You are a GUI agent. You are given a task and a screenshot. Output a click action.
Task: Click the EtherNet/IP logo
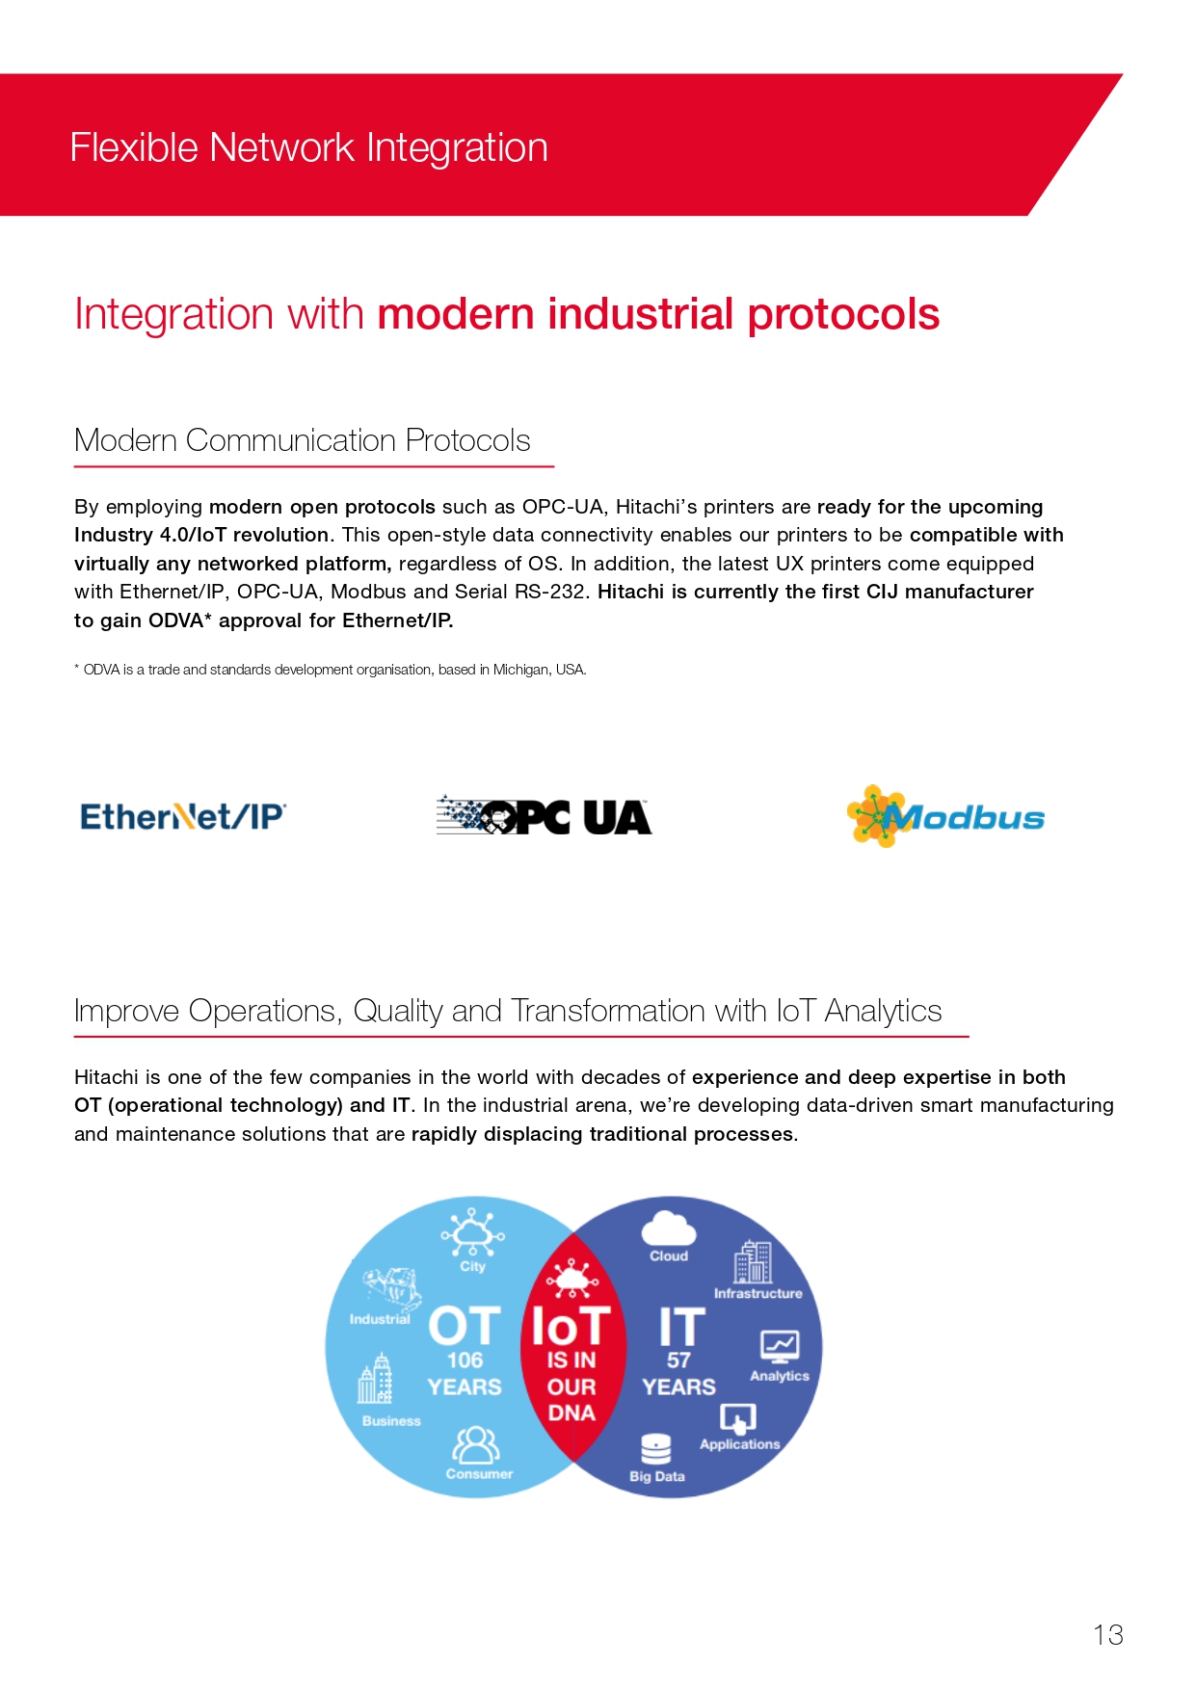tap(183, 817)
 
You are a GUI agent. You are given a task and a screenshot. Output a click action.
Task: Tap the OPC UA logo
tap(544, 816)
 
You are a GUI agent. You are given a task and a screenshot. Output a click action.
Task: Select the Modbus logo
tap(945, 816)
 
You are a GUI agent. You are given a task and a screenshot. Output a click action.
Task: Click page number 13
tap(1108, 1634)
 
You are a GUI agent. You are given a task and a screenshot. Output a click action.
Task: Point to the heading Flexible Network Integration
tap(309, 147)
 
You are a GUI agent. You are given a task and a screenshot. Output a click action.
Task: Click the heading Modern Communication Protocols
tap(303, 440)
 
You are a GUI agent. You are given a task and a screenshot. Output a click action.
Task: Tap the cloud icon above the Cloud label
tap(669, 1228)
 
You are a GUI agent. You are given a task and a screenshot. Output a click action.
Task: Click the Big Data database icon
tap(656, 1448)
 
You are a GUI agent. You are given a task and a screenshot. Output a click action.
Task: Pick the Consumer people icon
tap(477, 1445)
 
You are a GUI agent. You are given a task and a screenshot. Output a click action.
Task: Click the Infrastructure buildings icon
tap(754, 1262)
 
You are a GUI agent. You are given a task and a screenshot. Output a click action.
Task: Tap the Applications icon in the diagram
tap(738, 1418)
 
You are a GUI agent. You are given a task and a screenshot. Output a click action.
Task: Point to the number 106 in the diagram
tap(465, 1360)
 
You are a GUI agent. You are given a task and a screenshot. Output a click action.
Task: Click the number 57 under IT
tap(678, 1360)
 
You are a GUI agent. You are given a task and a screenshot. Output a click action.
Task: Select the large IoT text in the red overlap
tap(571, 1327)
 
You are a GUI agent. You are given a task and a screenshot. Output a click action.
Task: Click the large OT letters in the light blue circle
tap(465, 1327)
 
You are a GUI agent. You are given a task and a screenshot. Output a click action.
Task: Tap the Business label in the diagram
tap(391, 1420)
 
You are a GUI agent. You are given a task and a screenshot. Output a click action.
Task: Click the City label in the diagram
tap(472, 1266)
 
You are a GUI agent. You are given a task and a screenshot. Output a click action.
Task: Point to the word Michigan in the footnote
tap(521, 670)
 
